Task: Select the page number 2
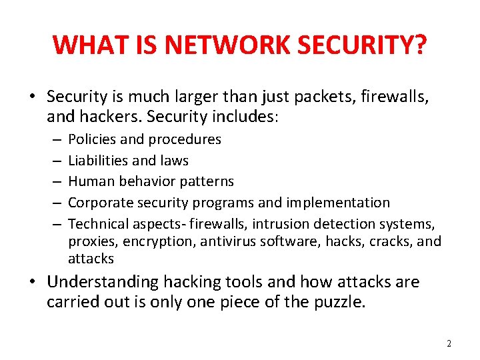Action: [449, 343]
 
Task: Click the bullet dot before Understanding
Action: [34, 281]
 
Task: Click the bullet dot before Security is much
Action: [34, 98]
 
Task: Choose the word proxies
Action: [90, 241]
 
